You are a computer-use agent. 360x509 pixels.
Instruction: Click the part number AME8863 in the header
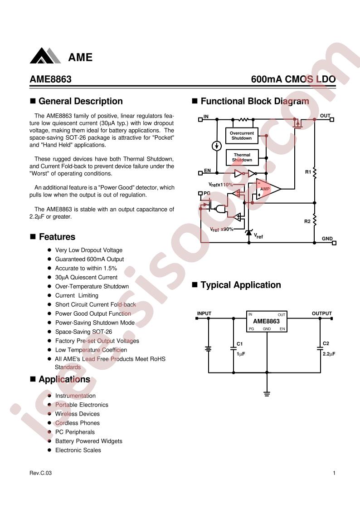pos(51,79)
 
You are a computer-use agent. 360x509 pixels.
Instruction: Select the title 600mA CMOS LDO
pos(293,79)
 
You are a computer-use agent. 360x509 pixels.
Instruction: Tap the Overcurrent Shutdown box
pos(242,136)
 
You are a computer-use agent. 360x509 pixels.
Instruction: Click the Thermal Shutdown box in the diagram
pos(242,157)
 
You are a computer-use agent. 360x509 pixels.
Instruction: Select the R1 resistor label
pos(308,172)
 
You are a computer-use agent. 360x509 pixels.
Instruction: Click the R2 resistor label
pos(307,221)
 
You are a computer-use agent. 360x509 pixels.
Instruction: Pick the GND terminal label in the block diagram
pos(327,239)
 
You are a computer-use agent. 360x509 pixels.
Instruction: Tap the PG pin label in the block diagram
pos(207,193)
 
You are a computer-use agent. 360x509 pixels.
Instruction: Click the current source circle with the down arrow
pos(217,146)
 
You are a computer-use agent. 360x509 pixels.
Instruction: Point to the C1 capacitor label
pos(240,344)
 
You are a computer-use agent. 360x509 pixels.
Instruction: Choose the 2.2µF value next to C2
pos(329,354)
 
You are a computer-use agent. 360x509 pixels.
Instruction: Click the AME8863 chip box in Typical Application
pos(267,321)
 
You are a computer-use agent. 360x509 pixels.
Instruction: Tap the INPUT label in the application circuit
pos(204,313)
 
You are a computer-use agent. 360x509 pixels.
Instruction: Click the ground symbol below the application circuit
pos(267,394)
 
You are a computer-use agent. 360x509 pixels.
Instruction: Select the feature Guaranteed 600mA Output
pos(89,259)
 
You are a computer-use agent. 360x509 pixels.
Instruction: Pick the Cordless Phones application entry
pos(78,423)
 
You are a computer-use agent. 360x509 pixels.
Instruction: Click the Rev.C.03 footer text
pos(40,473)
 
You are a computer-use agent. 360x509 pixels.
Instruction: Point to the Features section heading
pos(57,237)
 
